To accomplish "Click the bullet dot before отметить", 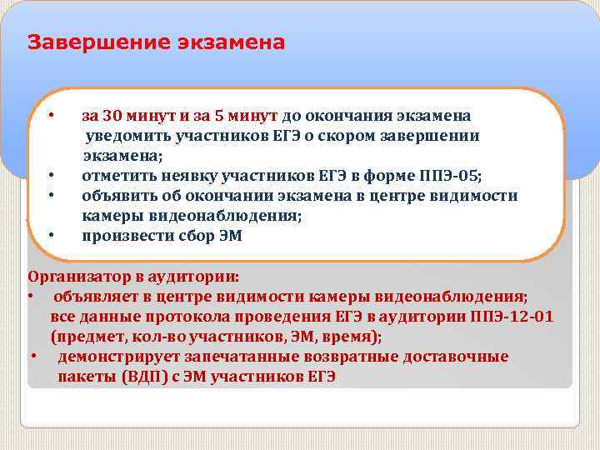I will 51,176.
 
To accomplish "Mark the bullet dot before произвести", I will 51,237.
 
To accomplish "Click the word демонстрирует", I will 116,357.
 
